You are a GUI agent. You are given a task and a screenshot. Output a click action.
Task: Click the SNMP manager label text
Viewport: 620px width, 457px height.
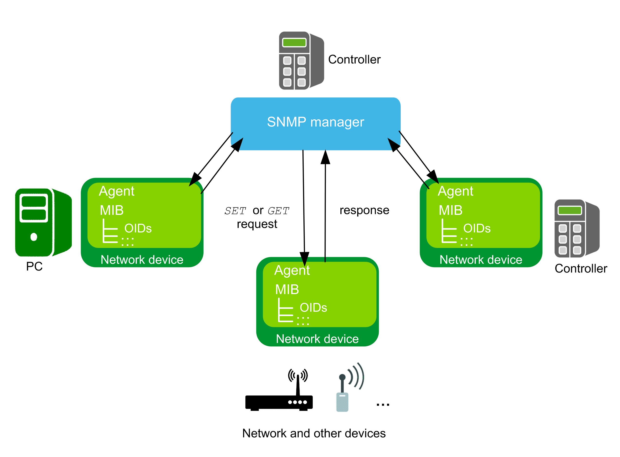pyautogui.click(x=315, y=122)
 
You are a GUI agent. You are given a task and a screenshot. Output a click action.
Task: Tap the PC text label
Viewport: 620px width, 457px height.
pyautogui.click(x=34, y=266)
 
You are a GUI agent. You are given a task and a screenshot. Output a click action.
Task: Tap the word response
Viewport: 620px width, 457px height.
pyautogui.click(x=364, y=210)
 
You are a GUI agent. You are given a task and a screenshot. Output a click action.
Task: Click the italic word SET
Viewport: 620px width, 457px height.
pyautogui.click(x=235, y=211)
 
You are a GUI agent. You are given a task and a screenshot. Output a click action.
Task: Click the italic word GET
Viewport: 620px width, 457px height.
pyautogui.click(x=278, y=211)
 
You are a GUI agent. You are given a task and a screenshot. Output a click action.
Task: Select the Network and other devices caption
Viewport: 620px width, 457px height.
pyautogui.click(x=314, y=433)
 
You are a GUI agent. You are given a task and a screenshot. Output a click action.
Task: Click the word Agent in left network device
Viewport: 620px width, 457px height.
pyautogui.click(x=116, y=191)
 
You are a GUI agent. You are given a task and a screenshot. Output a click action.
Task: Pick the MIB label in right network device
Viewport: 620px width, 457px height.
pyautogui.click(x=450, y=210)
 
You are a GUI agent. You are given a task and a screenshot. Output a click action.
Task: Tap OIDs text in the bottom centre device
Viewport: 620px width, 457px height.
pyautogui.click(x=313, y=307)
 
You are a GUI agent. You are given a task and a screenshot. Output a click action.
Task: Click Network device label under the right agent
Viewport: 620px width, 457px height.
pyautogui.click(x=481, y=259)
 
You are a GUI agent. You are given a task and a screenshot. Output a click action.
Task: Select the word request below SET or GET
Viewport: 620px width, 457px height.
pyautogui.click(x=257, y=224)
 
